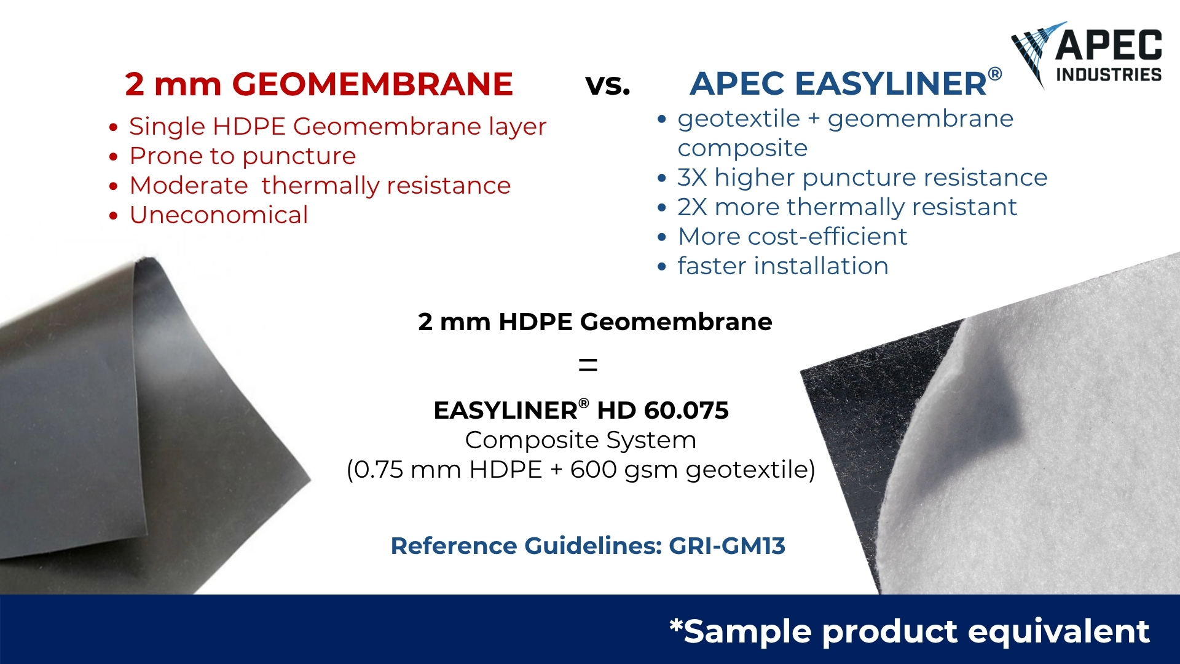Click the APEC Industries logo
[x=1087, y=55]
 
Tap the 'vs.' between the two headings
[x=608, y=85]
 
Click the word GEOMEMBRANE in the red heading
[x=372, y=84]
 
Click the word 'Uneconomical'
[x=219, y=215]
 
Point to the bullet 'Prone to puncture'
[x=243, y=157]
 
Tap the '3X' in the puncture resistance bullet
[x=692, y=178]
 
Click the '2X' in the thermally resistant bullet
[x=692, y=207]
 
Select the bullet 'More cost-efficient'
[x=793, y=237]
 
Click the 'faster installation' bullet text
[x=783, y=266]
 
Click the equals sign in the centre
[x=588, y=366]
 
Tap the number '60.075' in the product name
[x=686, y=411]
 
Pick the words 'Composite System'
[x=581, y=440]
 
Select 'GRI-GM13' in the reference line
[x=727, y=546]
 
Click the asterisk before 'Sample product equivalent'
[x=676, y=626]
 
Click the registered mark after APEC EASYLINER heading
[x=995, y=75]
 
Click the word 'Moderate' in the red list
[x=189, y=186]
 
